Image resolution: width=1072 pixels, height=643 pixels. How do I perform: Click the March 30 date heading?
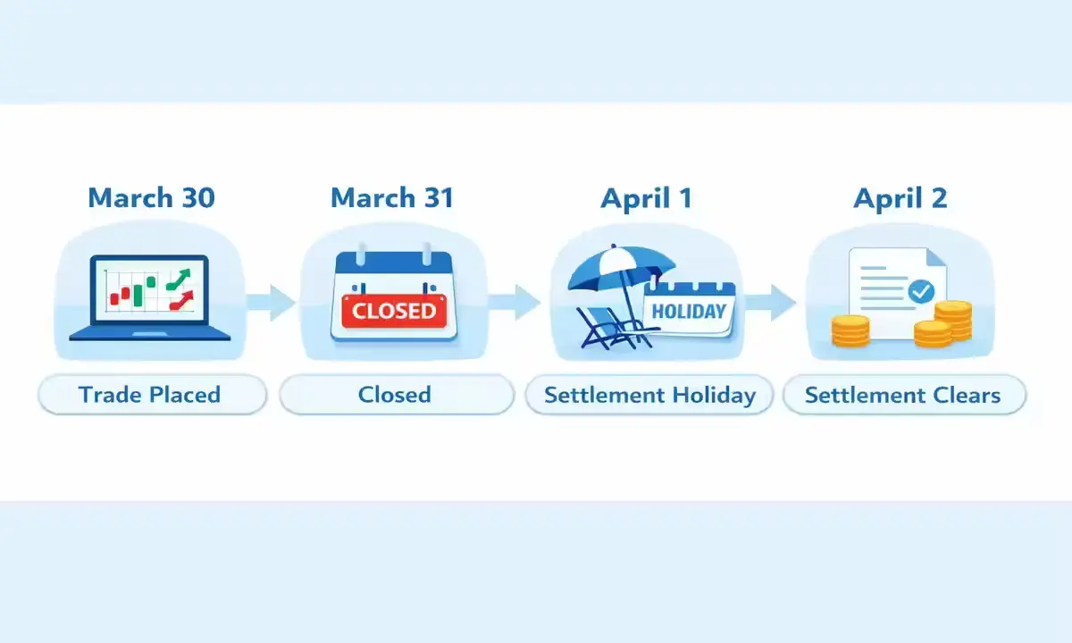(x=151, y=197)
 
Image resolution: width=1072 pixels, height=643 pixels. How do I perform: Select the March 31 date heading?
(x=391, y=197)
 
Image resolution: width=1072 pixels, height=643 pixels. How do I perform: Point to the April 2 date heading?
(x=900, y=197)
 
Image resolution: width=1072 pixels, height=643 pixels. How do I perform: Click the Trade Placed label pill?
(x=150, y=395)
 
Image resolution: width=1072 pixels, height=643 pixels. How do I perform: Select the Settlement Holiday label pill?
(x=649, y=395)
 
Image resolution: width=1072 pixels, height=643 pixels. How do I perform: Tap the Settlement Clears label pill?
(x=903, y=395)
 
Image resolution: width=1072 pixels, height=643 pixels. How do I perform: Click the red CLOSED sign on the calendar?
(x=394, y=311)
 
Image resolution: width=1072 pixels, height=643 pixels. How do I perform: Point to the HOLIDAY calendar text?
(x=689, y=312)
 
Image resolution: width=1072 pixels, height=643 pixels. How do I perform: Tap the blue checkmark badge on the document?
(x=920, y=291)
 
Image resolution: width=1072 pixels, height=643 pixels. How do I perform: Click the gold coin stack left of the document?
(x=850, y=330)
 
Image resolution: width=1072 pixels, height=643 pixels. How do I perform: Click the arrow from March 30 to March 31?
(x=270, y=302)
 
